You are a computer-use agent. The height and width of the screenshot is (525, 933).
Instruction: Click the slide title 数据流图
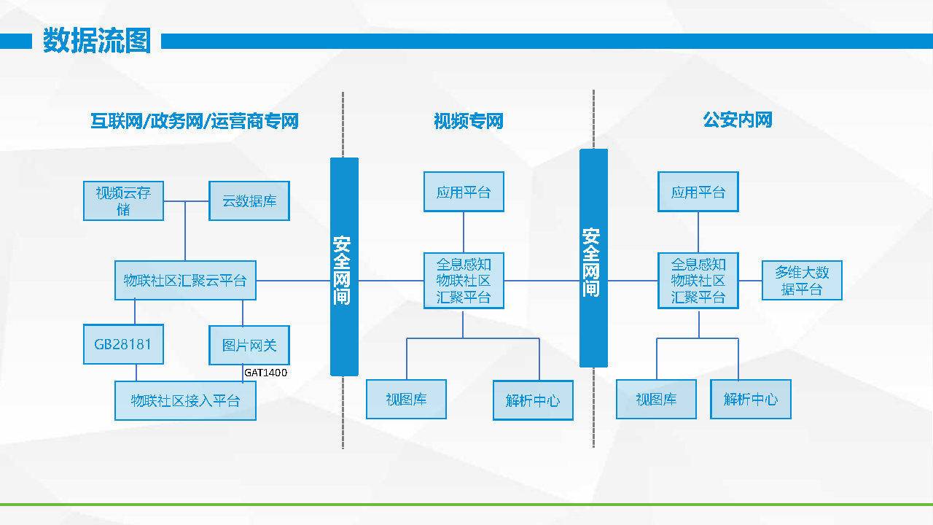[x=97, y=40]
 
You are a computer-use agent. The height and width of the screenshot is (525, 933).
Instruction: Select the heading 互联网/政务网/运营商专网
[x=195, y=121]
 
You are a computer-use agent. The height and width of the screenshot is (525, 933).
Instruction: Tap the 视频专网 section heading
[x=469, y=121]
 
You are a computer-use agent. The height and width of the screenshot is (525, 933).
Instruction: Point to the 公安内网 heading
[x=738, y=120]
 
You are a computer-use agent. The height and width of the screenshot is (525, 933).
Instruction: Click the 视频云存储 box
[x=123, y=201]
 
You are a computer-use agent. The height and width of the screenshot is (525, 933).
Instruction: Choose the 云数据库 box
[x=249, y=201]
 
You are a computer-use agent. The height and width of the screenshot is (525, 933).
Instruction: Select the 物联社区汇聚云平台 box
[x=185, y=281]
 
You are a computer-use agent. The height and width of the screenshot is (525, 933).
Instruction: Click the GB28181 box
[x=123, y=344]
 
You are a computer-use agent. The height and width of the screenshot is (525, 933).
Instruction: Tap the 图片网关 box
[x=249, y=345]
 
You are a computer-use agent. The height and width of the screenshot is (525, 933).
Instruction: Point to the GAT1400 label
[x=265, y=373]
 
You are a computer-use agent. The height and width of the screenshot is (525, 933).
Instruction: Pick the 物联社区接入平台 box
[x=185, y=401]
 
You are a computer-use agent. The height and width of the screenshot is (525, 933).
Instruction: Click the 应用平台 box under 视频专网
[x=464, y=192]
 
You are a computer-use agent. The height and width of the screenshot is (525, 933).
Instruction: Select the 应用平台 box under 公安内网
[x=698, y=192]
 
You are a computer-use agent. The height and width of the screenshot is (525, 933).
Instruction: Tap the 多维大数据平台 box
[x=802, y=281]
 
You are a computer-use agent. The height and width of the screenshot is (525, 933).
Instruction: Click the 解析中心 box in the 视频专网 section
[x=533, y=400]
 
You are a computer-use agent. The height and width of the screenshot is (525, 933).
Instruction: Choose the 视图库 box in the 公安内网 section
[x=656, y=399]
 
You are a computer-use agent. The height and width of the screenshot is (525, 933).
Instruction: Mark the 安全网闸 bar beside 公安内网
[x=593, y=258]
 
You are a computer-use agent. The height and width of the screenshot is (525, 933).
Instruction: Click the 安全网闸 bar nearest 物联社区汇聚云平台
[x=344, y=267]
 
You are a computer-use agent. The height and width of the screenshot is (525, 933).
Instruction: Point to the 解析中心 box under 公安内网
[x=751, y=399]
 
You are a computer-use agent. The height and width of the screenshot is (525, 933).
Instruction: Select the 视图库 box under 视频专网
[x=406, y=399]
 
